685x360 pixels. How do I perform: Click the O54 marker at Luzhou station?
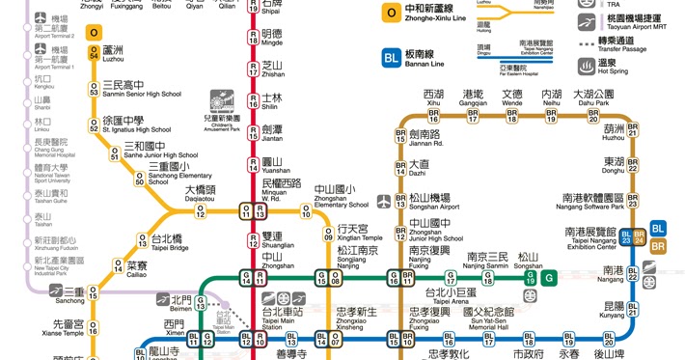pos(94,55)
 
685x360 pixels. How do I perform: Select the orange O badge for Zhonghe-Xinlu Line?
pos(391,14)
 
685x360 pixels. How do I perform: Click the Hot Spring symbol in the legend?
pos(586,66)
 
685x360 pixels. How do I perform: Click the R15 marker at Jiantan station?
pos(253,132)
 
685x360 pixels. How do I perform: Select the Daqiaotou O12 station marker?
pos(201,210)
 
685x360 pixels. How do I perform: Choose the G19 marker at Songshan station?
pos(530,276)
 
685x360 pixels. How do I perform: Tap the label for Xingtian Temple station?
pos(359,233)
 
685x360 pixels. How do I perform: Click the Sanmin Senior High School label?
pos(141,89)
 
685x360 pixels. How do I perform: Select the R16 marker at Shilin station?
pos(253,102)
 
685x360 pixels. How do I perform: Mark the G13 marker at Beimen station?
pos(201,303)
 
